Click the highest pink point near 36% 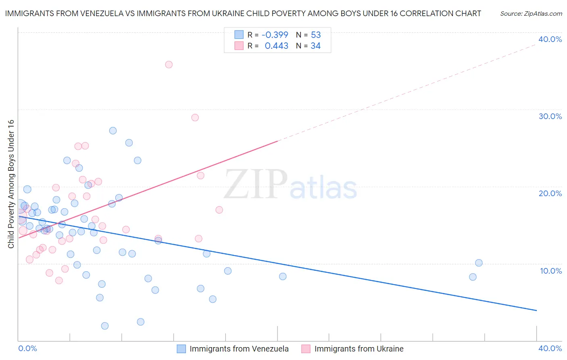coord(169,65)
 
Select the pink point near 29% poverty coord(195,117)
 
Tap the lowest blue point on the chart coord(105,326)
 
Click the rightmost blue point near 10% coord(479,263)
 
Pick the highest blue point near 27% coord(113,131)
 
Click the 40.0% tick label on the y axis coord(550,39)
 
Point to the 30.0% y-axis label coord(550,116)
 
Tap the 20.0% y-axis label coord(550,193)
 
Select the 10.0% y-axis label coord(551,271)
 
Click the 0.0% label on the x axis coord(27,348)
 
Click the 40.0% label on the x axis coord(550,348)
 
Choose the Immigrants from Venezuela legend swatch coord(181,349)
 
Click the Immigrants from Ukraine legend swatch coord(306,349)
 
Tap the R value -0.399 coord(275,35)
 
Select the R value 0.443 coord(276,46)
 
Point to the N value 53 coord(316,35)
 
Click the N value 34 coord(315,46)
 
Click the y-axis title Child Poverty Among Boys coord(11,184)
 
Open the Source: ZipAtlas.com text coord(531,14)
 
